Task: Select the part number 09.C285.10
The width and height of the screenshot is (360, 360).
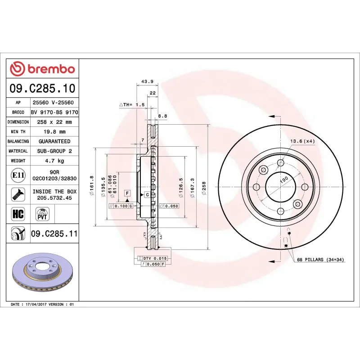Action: pyautogui.click(x=43, y=88)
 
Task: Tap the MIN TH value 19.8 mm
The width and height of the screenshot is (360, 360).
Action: pyautogui.click(x=54, y=131)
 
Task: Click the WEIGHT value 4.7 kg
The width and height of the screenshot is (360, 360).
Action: pyautogui.click(x=54, y=161)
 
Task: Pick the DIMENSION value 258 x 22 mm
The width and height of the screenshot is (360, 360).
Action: pyautogui.click(x=54, y=122)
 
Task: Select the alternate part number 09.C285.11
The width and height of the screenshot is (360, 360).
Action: pyautogui.click(x=54, y=234)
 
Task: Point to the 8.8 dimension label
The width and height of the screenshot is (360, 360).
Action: pyautogui.click(x=162, y=116)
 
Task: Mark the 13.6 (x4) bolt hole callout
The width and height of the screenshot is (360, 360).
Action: pyautogui.click(x=302, y=141)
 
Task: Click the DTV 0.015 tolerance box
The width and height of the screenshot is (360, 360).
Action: pyautogui.click(x=154, y=258)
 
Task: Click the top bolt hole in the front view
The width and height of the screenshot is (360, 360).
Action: pyautogui.click(x=281, y=162)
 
